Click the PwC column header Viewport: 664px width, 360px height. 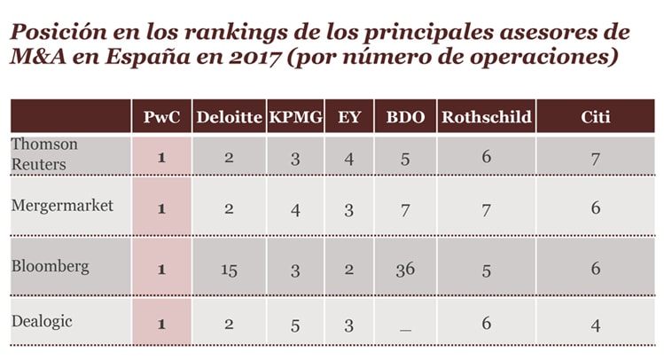(161, 117)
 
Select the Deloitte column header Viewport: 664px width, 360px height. (229, 117)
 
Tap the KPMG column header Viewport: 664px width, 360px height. (297, 117)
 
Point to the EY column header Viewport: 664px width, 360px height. (349, 117)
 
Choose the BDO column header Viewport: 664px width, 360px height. (405, 117)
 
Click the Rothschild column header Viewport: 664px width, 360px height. (486, 117)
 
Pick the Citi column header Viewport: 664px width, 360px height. (595, 117)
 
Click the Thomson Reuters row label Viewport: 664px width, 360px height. (44, 153)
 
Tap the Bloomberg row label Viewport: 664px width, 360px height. (45, 265)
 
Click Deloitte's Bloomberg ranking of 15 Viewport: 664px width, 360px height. (229, 270)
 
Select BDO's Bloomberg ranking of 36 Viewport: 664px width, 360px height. (405, 270)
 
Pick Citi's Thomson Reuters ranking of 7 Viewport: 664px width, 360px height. (595, 157)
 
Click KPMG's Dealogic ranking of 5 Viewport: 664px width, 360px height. (297, 325)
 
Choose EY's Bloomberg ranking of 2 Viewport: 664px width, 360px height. (349, 270)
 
